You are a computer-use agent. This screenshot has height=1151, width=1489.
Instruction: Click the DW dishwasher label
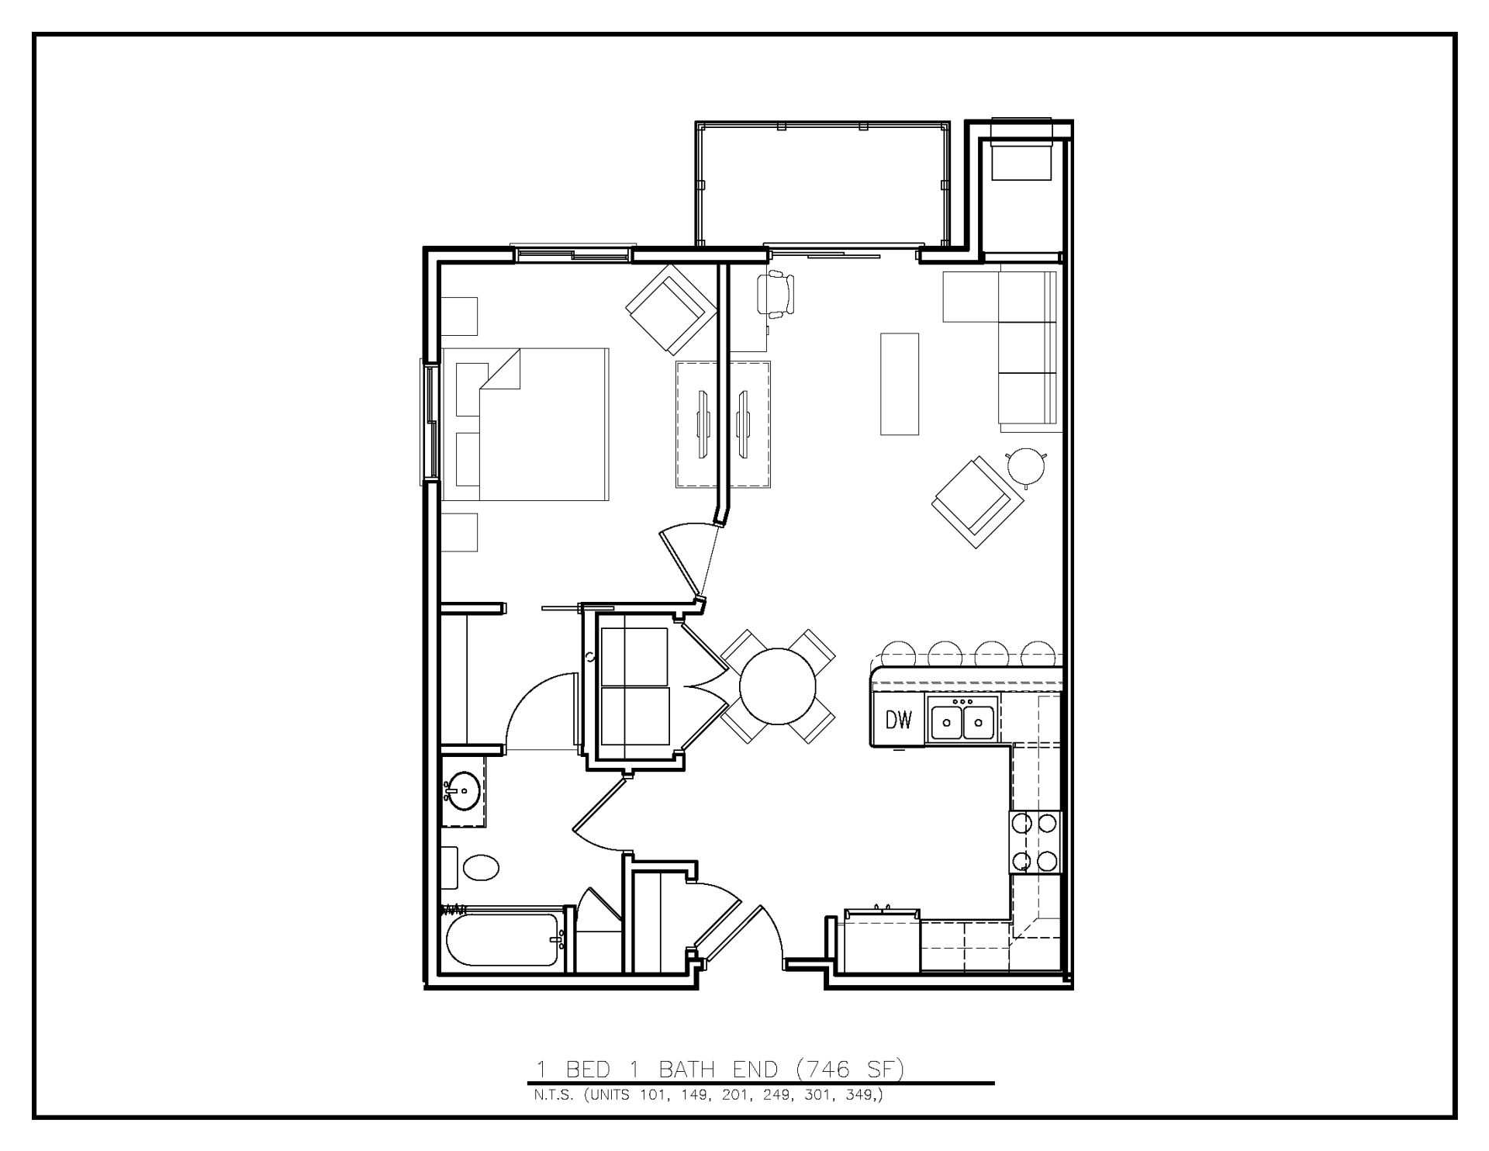[x=899, y=721]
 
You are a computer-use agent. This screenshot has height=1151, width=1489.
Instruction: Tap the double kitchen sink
[x=962, y=721]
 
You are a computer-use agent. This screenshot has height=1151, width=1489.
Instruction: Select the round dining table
[x=778, y=686]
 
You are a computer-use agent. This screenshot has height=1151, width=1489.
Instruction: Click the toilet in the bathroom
[x=481, y=867]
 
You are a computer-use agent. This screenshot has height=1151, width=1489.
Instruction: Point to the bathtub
[x=503, y=939]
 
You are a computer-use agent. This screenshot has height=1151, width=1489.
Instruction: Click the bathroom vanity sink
[x=464, y=791]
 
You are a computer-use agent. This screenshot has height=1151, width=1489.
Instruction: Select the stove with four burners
[x=1035, y=842]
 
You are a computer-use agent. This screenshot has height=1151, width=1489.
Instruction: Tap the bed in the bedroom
[x=526, y=424]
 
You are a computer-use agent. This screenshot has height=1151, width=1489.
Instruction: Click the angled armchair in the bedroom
[x=670, y=309]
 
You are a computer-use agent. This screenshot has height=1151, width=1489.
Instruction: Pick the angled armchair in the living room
[x=977, y=502]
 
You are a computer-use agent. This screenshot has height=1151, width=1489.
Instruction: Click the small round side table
[x=1026, y=466]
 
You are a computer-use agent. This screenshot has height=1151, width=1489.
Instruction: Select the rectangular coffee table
[x=900, y=384]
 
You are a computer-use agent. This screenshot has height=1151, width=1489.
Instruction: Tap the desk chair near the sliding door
[x=777, y=294]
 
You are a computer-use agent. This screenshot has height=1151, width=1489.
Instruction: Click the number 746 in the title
[x=829, y=1070]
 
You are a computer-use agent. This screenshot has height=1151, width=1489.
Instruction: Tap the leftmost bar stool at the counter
[x=899, y=655]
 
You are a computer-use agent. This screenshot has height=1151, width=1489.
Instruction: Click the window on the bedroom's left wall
[x=429, y=423]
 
